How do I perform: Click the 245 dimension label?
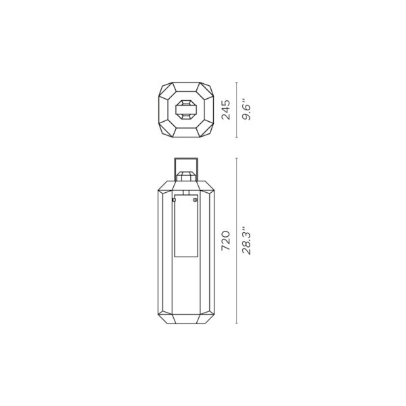(x=226, y=110)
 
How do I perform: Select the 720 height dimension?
(x=226, y=241)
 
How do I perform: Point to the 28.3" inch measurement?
(x=246, y=241)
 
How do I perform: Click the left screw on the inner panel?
(x=174, y=200)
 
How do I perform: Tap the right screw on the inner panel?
(x=196, y=200)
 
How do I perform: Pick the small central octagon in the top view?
(x=187, y=110)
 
